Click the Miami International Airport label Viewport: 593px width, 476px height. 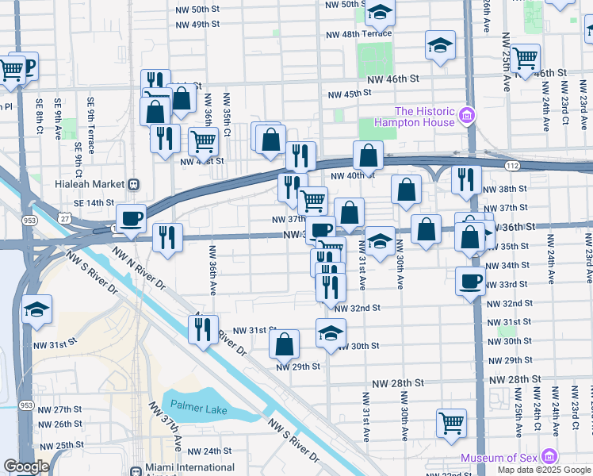pyautogui.click(x=194, y=468)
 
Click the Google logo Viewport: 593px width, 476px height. pyautogui.click(x=26, y=466)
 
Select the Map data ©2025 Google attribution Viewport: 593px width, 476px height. pyautogui.click(x=543, y=470)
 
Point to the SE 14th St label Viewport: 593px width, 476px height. pyautogui.click(x=94, y=203)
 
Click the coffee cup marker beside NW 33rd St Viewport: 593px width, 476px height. pyautogui.click(x=471, y=280)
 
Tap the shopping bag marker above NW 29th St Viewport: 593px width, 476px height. pyautogui.click(x=284, y=344)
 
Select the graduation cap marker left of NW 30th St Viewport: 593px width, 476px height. pyautogui.click(x=331, y=332)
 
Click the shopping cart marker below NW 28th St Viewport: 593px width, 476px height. pyautogui.click(x=451, y=421)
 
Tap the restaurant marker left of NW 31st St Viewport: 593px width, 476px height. pyautogui.click(x=203, y=327)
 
